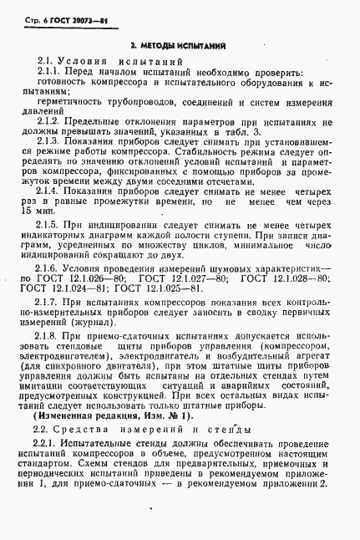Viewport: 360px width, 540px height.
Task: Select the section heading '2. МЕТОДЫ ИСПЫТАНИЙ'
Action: point(180,45)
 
